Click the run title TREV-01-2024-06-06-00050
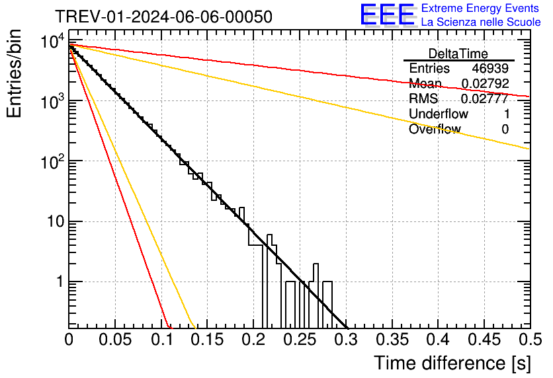click(x=163, y=17)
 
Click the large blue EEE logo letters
click(x=388, y=15)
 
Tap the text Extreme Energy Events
click(x=481, y=9)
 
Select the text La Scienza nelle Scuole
click(x=481, y=22)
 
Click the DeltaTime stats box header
click(x=458, y=54)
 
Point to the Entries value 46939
click(x=490, y=69)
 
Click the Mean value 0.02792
click(x=484, y=83)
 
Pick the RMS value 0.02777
click(x=484, y=98)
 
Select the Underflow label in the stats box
click(x=439, y=114)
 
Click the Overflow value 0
click(x=505, y=129)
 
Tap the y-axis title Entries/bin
click(x=15, y=73)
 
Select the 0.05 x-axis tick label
click(x=115, y=340)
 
